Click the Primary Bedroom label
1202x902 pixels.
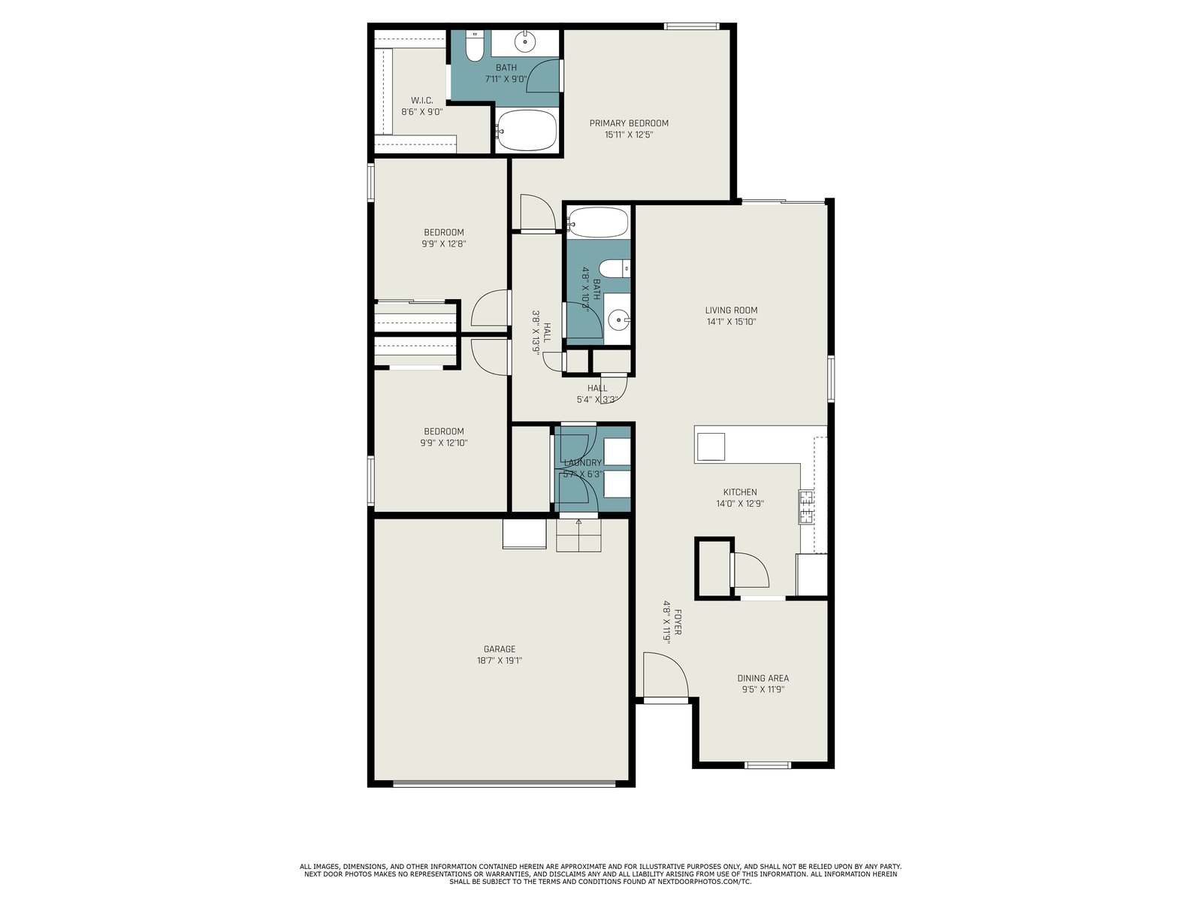(629, 123)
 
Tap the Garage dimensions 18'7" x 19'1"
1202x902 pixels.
(500, 661)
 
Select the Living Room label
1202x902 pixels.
(731, 310)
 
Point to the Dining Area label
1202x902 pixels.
(763, 678)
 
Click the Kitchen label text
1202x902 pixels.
(741, 492)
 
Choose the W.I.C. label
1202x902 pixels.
(421, 100)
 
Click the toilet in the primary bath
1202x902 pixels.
(474, 46)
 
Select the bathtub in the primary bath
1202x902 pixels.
(527, 130)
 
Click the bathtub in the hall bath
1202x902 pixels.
(597, 222)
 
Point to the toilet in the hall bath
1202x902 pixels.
(615, 268)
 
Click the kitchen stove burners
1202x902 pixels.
(806, 507)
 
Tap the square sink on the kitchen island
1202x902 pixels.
(711, 446)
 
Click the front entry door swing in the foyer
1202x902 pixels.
(666, 675)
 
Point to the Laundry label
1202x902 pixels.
(583, 463)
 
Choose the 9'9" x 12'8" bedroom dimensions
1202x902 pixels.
(443, 244)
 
